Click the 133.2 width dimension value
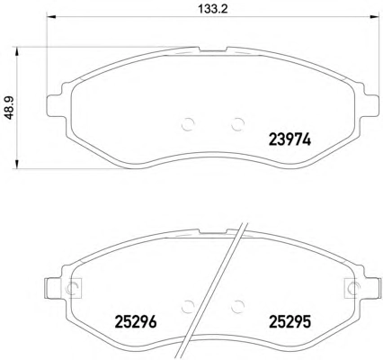click(x=213, y=8)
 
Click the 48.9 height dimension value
click(x=11, y=108)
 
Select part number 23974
click(x=289, y=139)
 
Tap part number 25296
click(x=136, y=322)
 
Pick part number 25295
click(x=290, y=322)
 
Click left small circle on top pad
click(x=188, y=123)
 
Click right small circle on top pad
click(x=238, y=123)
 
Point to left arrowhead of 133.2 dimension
click(x=52, y=17)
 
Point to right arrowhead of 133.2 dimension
click(x=374, y=17)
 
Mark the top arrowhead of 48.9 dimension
click(x=17, y=51)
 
